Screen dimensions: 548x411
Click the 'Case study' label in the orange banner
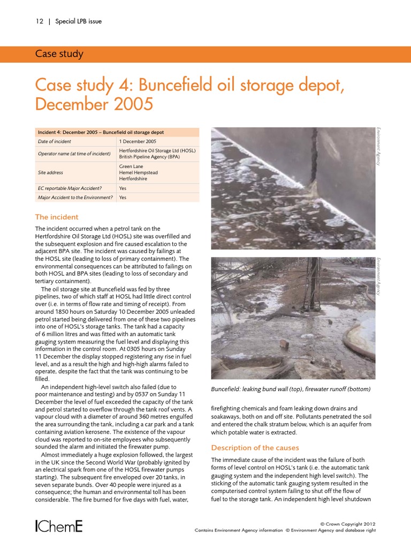tap(59, 54)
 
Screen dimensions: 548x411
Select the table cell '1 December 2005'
tap(138, 142)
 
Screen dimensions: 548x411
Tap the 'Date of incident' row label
tap(55, 142)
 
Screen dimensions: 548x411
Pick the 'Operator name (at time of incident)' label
tap(74, 154)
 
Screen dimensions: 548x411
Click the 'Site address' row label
tap(50, 173)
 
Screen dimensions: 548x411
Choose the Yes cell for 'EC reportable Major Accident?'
tap(123, 188)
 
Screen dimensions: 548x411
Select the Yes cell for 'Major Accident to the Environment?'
tap(123, 197)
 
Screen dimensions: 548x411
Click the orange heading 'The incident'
tap(57, 217)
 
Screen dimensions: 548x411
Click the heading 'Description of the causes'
tap(255, 447)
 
